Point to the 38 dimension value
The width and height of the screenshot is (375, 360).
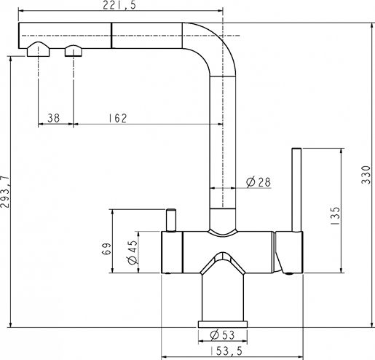tap(53, 117)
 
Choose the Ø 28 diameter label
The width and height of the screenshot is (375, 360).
tap(258, 181)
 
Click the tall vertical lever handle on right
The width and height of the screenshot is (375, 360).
tap(296, 189)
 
